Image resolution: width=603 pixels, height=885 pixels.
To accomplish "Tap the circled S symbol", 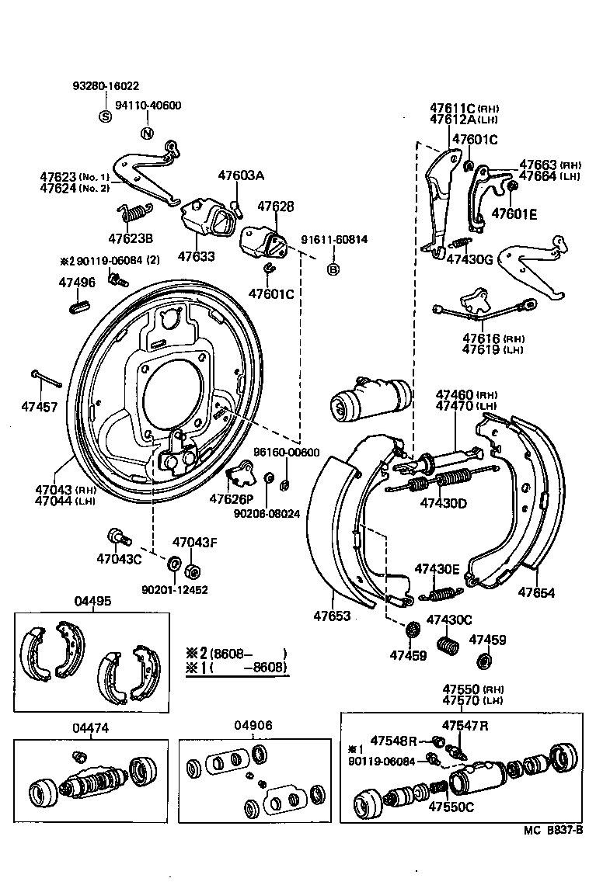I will pyautogui.click(x=105, y=116).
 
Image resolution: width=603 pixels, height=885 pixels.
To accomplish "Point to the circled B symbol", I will pyautogui.click(x=333, y=270).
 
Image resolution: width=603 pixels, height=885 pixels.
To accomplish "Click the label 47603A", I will pyautogui.click(x=241, y=176).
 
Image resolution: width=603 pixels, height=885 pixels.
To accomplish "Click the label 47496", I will pyautogui.click(x=77, y=283).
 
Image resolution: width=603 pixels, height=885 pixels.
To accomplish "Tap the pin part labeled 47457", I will pyautogui.click(x=47, y=378).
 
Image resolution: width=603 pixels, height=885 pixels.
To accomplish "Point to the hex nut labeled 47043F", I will pyautogui.click(x=193, y=571).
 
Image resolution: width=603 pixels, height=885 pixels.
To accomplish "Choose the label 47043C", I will pyautogui.click(x=119, y=557).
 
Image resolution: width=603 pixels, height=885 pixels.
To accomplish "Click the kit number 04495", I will pyautogui.click(x=92, y=601).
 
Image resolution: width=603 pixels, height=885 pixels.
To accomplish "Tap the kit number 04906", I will pyautogui.click(x=253, y=726).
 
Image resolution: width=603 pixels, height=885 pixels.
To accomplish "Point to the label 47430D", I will pyautogui.click(x=443, y=502).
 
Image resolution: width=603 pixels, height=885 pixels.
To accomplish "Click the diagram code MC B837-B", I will pyautogui.click(x=552, y=830).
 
